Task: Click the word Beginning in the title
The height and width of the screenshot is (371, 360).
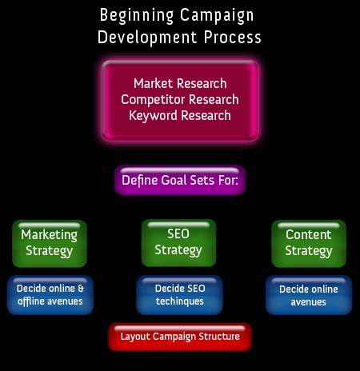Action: coord(137,16)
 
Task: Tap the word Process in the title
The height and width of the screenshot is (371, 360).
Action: coord(233,37)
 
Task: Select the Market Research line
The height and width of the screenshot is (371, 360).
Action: coord(180,83)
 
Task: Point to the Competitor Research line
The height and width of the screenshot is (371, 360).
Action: coord(180,100)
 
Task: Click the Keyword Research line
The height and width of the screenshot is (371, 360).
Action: coord(180,116)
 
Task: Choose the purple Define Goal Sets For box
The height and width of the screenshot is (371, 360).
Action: coord(180,181)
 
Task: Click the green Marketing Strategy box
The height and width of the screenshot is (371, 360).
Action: coord(50,244)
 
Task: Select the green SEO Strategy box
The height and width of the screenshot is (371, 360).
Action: coord(178,243)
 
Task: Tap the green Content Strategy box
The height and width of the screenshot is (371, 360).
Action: coord(309,244)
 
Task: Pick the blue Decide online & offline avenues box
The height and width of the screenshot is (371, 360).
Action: coord(50,295)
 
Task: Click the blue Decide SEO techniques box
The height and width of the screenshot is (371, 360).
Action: coord(179,295)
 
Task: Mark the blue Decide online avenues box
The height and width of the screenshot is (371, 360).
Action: coord(309,295)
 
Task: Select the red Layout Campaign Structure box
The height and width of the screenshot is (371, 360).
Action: coord(180,337)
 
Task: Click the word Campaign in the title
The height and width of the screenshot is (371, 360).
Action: coord(217,16)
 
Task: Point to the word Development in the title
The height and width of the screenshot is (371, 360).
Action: coord(147,37)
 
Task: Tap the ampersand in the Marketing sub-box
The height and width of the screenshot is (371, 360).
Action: coord(81,289)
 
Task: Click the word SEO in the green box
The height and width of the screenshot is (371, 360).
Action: coord(178,234)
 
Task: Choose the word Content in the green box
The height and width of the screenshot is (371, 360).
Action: coord(309,235)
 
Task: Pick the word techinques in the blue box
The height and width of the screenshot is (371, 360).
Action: coord(180,301)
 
